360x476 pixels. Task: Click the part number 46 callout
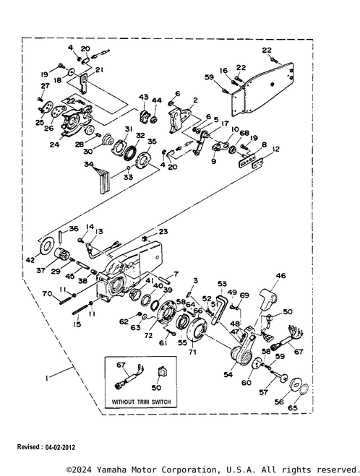click(280, 276)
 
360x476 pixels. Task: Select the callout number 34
click(89, 164)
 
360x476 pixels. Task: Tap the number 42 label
click(30, 260)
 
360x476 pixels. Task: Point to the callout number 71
click(192, 352)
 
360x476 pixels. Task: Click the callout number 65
click(293, 407)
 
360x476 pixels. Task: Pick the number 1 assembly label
click(46, 378)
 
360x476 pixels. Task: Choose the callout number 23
click(163, 232)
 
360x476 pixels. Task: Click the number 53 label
click(222, 284)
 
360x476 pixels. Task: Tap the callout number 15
click(77, 324)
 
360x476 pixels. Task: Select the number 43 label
click(144, 97)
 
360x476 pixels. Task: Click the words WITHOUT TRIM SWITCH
click(141, 402)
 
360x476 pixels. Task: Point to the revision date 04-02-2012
click(60, 447)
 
